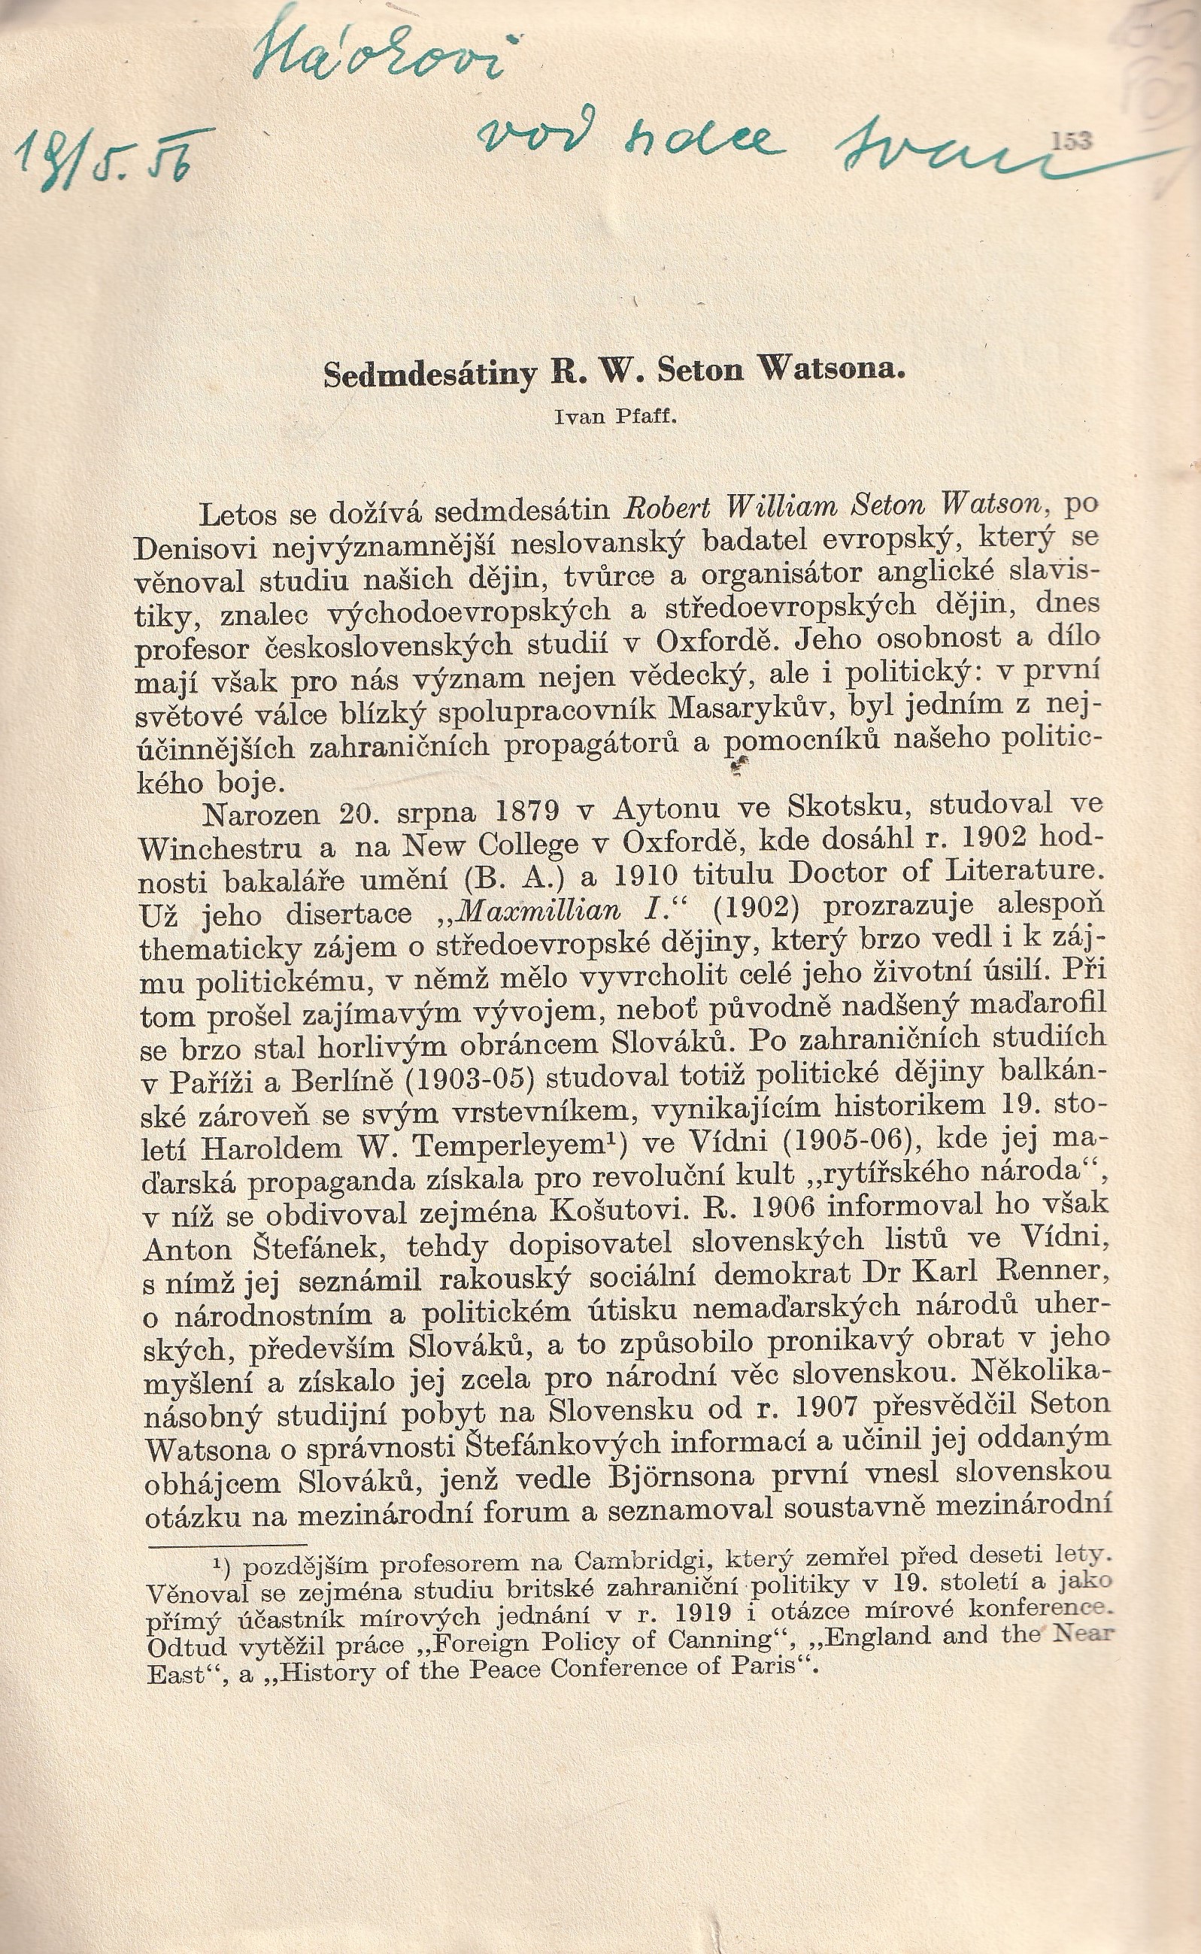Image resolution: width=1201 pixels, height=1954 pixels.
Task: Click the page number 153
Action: [x=1072, y=141]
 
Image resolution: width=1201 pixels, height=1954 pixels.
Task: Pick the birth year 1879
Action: [x=540, y=812]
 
